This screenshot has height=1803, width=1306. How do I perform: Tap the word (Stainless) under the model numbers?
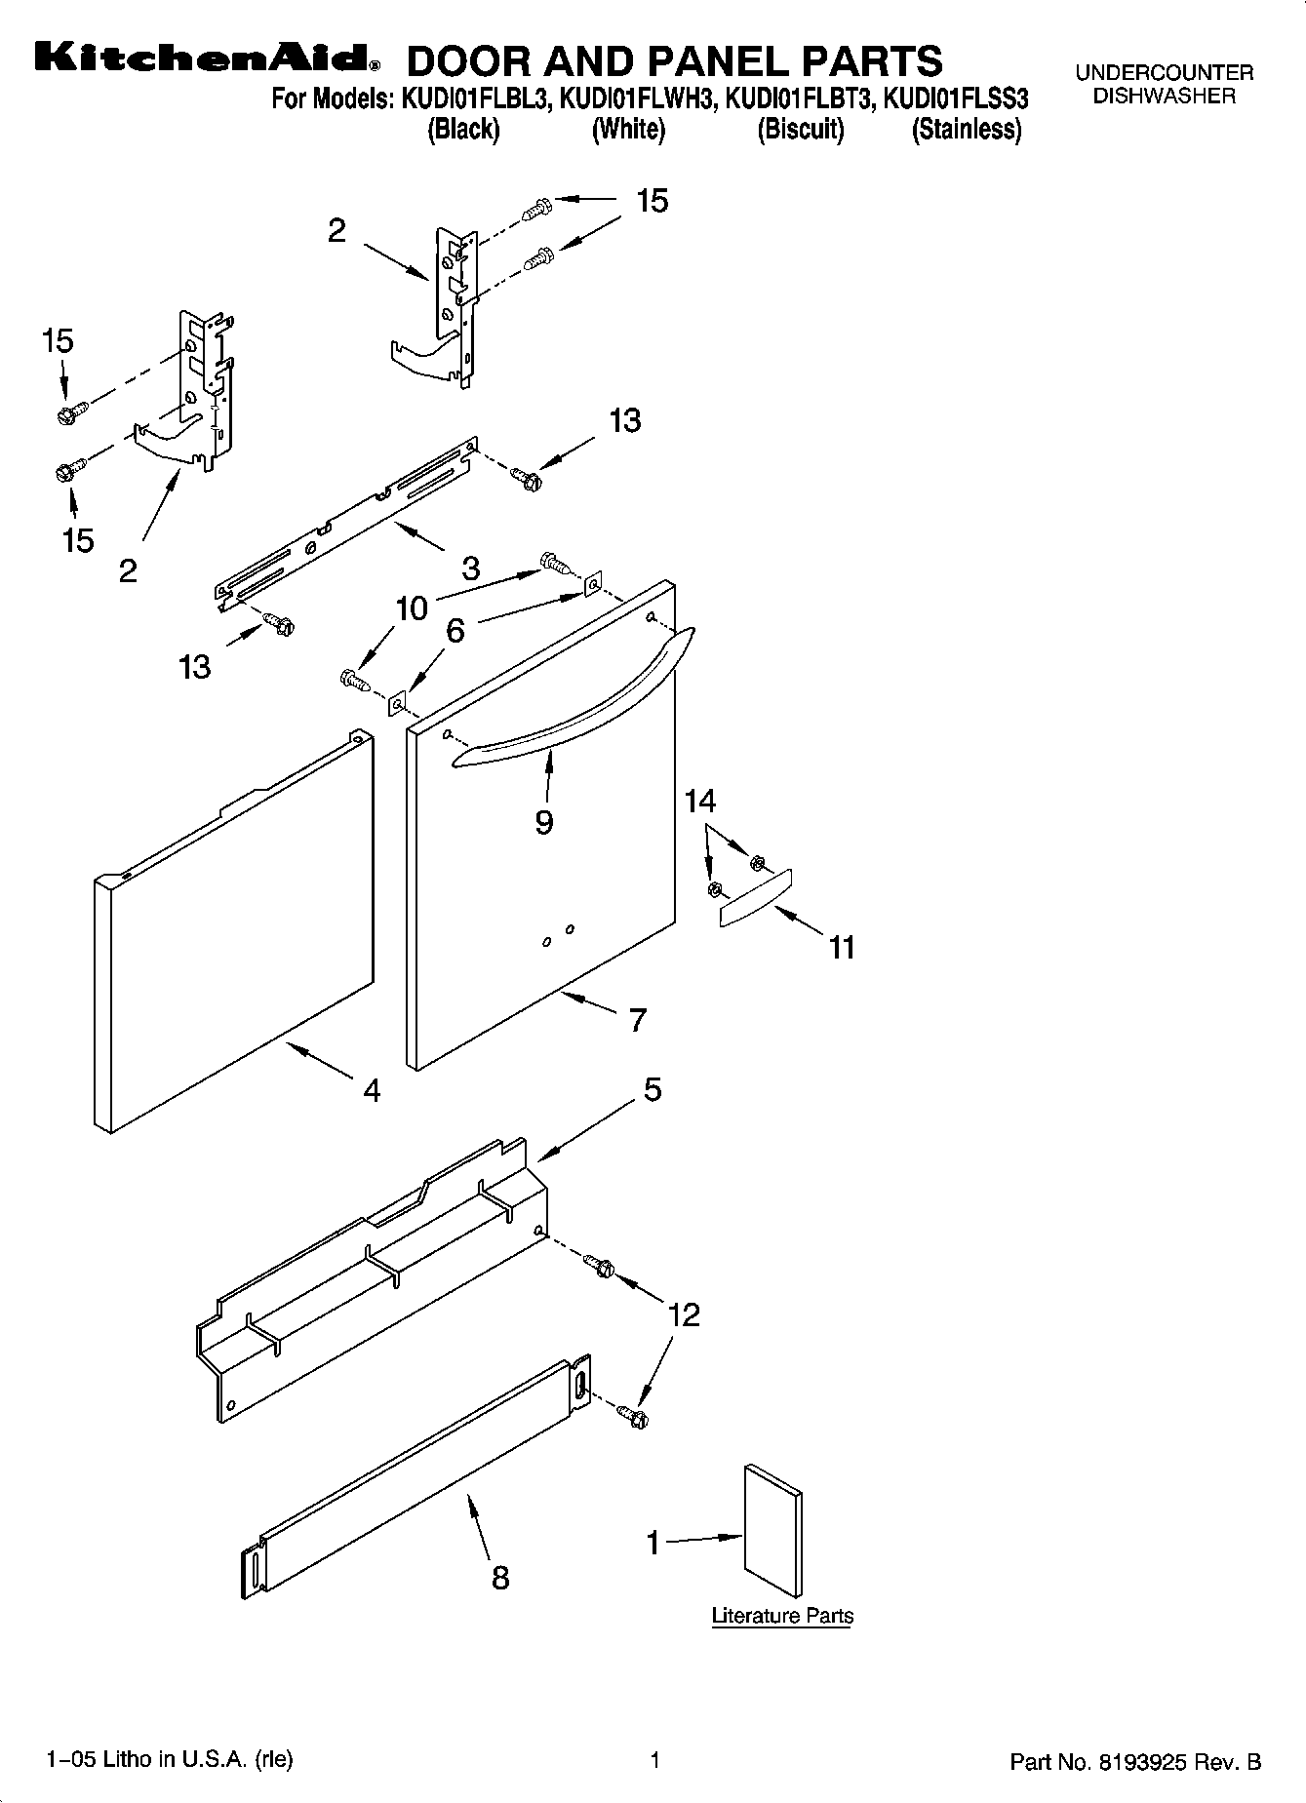(966, 130)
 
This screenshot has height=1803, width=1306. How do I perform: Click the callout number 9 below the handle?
(544, 822)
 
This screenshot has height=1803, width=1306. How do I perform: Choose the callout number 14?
(700, 802)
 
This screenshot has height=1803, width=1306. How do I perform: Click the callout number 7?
(637, 1020)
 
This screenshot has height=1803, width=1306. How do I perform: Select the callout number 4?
(371, 1089)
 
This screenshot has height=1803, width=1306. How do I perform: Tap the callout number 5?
(652, 1089)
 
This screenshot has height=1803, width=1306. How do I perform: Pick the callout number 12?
(685, 1314)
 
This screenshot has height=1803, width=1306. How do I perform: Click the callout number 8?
(499, 1577)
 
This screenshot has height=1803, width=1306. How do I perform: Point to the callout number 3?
(470, 568)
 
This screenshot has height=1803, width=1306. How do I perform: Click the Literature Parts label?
(782, 1616)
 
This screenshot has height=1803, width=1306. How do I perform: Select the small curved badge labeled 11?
(754, 897)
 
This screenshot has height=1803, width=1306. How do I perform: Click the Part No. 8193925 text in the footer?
(1135, 1762)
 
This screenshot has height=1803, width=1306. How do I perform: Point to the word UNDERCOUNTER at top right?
(1164, 73)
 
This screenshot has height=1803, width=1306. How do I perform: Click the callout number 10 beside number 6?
(412, 608)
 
